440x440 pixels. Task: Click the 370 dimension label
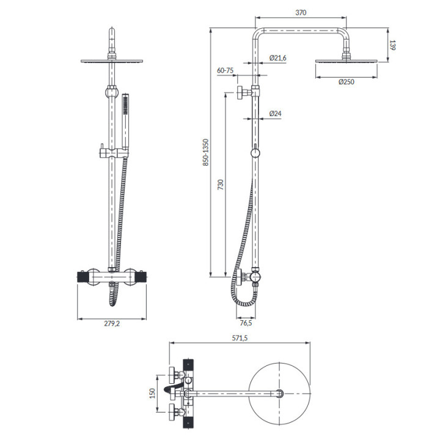point(300,12)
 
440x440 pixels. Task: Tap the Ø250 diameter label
point(346,82)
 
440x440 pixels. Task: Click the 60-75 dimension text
point(226,70)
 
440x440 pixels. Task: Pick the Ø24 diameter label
point(275,114)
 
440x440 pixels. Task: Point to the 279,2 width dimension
point(111,323)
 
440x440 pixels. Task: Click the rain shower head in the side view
point(346,61)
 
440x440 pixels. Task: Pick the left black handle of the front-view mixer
point(83,278)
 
